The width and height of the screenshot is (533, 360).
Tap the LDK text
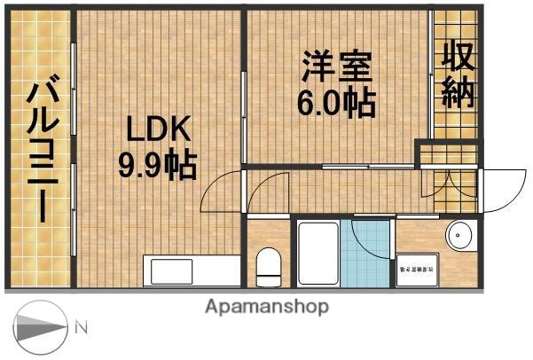click(x=157, y=131)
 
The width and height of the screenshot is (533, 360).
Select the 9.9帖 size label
click(x=157, y=165)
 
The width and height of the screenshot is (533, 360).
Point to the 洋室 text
click(x=335, y=68)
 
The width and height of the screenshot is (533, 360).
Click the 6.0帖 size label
click(x=335, y=104)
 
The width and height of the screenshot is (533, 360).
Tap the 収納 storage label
click(x=458, y=75)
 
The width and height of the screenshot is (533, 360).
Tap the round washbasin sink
click(x=459, y=237)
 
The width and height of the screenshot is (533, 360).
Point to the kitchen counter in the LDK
click(x=192, y=270)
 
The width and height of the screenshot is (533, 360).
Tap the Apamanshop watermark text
click(x=267, y=307)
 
